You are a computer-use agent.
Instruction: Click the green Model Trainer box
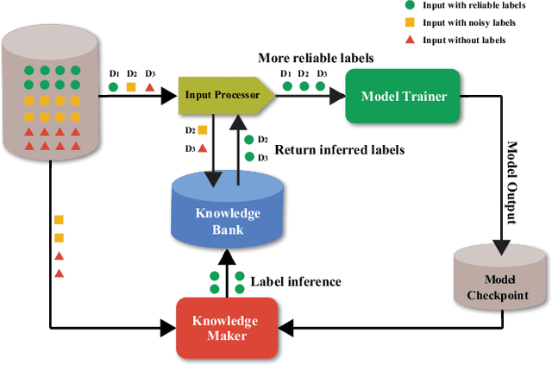403,96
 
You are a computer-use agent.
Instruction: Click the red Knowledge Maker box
227,326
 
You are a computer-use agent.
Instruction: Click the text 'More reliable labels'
316,59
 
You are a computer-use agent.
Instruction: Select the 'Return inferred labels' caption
338,149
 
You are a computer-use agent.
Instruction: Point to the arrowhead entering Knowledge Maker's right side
285,327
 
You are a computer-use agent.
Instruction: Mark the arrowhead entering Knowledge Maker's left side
170,327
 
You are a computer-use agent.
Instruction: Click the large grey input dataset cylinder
51,95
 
